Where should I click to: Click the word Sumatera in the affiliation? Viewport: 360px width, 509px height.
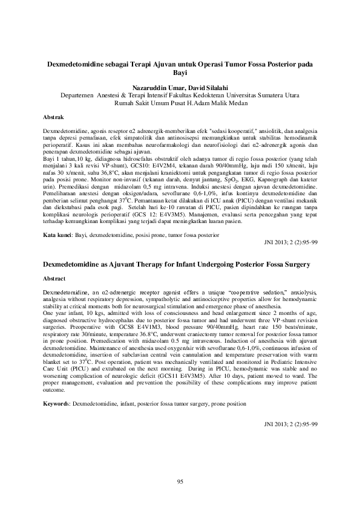(x=269, y=95)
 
